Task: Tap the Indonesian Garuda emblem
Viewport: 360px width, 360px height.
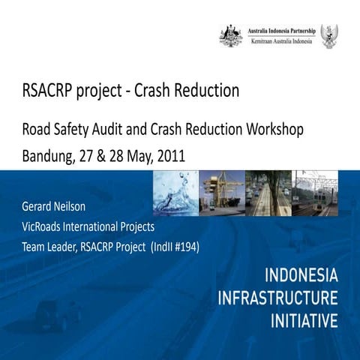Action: coord(328,35)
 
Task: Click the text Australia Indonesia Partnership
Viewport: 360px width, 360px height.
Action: coord(282,29)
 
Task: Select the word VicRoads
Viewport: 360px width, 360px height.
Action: coord(46,226)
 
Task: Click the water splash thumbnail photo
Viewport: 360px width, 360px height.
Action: coord(175,193)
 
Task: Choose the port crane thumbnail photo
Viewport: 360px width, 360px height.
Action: coord(222,193)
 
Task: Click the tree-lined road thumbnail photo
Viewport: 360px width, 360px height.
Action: coord(268,193)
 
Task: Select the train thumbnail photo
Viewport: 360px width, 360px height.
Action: coord(315,193)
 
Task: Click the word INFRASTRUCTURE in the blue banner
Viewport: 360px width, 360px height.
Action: coord(277,297)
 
